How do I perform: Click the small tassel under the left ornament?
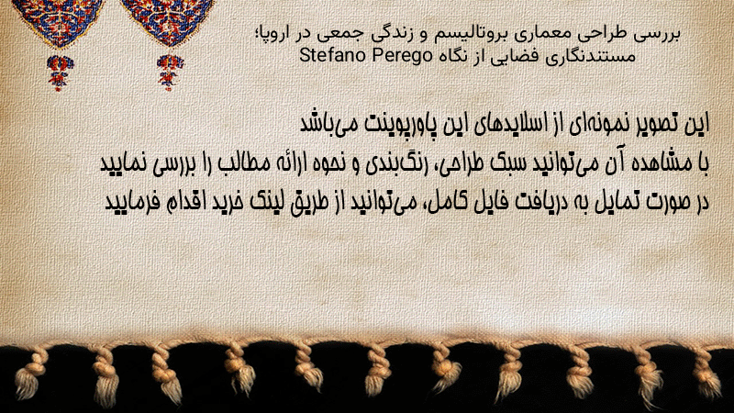(60, 73)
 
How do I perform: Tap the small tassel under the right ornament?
(170, 73)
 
